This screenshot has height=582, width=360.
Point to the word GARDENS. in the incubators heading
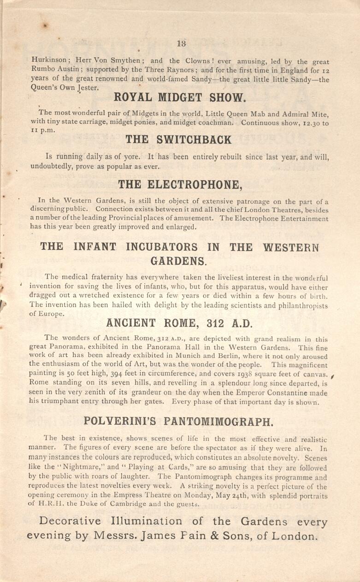(x=179, y=261)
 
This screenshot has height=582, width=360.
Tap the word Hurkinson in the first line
(x=48, y=60)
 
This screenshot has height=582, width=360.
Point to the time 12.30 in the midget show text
(x=308, y=123)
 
